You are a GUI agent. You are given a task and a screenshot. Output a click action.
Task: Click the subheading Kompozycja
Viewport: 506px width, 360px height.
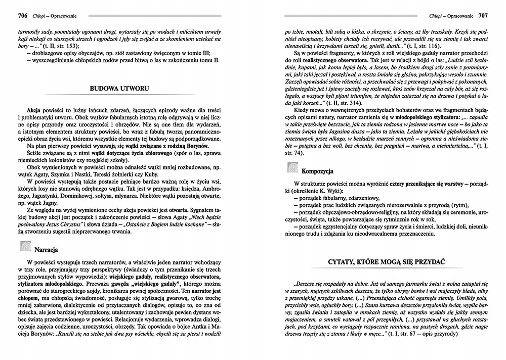pos(318,170)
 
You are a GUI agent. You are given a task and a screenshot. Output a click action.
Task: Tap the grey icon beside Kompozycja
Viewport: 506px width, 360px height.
pos(293,167)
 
